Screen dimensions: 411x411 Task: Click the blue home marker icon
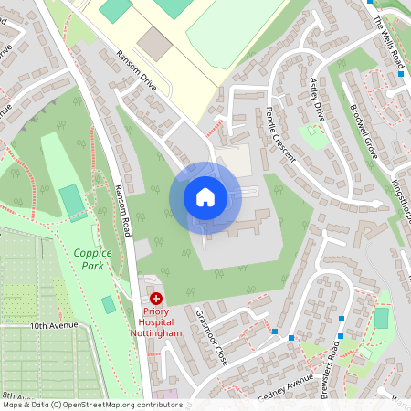[205, 196]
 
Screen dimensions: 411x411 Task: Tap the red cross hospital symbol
[156, 298]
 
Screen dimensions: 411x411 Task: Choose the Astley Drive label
[318, 100]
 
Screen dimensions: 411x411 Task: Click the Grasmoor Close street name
[212, 334]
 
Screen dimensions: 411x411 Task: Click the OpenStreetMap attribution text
[91, 405]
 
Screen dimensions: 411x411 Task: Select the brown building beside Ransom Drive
[155, 43]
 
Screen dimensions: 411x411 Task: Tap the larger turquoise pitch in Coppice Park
[71, 201]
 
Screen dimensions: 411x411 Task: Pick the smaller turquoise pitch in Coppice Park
[109, 304]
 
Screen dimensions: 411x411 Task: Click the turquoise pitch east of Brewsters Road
[381, 318]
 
